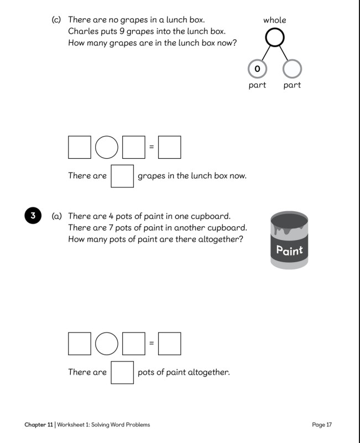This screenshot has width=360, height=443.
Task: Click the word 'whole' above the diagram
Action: (274, 20)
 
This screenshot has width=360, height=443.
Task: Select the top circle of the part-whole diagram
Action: (275, 29)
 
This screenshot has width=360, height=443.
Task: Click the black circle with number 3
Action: (33, 216)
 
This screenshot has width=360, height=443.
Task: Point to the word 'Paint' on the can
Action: (289, 251)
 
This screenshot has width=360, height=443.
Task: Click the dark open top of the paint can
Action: (289, 221)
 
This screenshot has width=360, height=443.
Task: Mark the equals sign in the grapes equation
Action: (152, 147)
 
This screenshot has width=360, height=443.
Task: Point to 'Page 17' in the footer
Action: (322, 425)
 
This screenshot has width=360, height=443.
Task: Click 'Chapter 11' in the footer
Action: (39, 425)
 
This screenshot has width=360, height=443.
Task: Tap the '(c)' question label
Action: (56, 19)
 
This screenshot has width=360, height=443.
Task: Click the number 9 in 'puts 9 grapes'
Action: (122, 31)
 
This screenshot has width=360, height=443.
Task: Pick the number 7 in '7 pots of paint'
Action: (111, 227)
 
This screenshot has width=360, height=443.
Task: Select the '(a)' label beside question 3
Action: (56, 216)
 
